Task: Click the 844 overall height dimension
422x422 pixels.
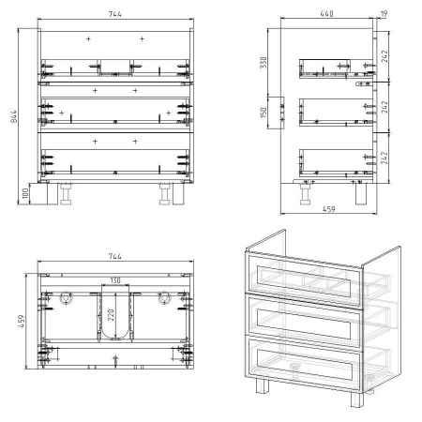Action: point(14,116)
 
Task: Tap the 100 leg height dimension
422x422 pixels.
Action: point(25,193)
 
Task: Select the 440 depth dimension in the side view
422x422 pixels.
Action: point(326,13)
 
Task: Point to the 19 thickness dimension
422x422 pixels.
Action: point(384,14)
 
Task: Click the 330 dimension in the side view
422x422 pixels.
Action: point(264,63)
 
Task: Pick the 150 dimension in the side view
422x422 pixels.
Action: point(264,113)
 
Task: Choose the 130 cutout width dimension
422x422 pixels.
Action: point(115,280)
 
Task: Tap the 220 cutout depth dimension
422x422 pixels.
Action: point(111,315)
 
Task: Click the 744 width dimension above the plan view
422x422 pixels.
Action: point(115,256)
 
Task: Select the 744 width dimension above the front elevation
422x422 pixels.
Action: point(115,14)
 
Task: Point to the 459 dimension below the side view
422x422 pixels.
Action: point(328,209)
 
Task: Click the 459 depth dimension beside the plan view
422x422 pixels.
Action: point(22,321)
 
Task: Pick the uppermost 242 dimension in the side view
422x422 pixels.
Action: point(384,56)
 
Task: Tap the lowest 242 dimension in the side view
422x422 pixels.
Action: point(384,158)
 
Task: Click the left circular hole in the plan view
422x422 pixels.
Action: point(67,297)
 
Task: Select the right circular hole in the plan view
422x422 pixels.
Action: point(164,297)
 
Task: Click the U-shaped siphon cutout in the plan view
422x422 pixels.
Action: point(115,339)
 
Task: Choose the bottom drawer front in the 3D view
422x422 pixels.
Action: point(304,363)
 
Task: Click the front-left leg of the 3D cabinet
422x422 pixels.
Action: point(263,385)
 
